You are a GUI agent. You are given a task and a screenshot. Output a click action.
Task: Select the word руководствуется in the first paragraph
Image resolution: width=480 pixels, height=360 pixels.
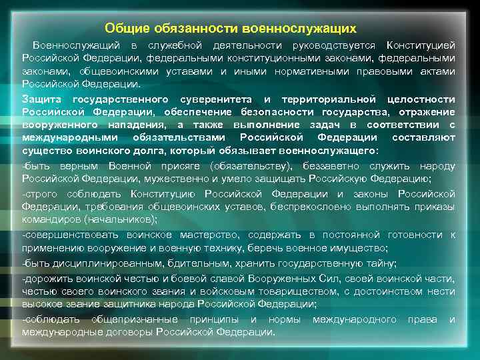pyautogui.click(x=329, y=45)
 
